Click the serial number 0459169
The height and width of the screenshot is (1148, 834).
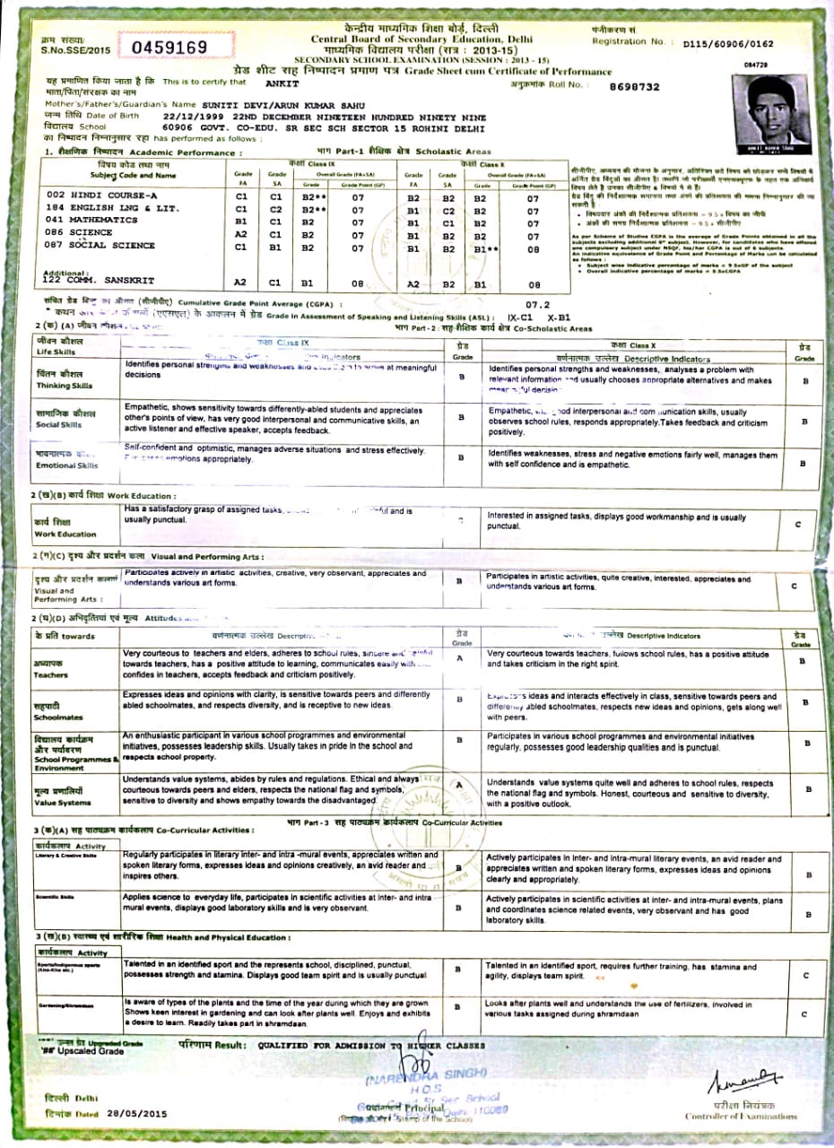click(169, 47)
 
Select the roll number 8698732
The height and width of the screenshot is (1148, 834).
click(633, 87)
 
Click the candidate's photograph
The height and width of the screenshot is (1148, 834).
click(768, 116)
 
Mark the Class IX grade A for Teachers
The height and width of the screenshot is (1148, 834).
click(460, 658)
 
